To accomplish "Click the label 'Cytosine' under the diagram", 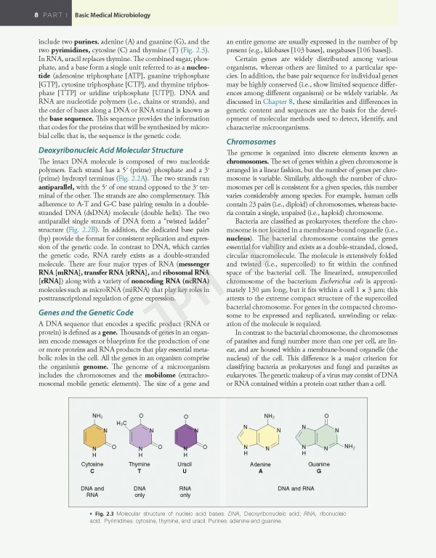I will pyautogui.click(x=93, y=464).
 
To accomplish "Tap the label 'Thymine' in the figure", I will pyautogui.click(x=140, y=464).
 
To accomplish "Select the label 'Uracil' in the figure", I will pyautogui.click(x=185, y=464).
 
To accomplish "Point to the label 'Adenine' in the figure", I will pyautogui.click(x=260, y=464).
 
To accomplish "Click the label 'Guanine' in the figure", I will pyautogui.click(x=319, y=464).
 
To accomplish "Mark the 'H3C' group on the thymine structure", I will pyautogui.click(x=121, y=421).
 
